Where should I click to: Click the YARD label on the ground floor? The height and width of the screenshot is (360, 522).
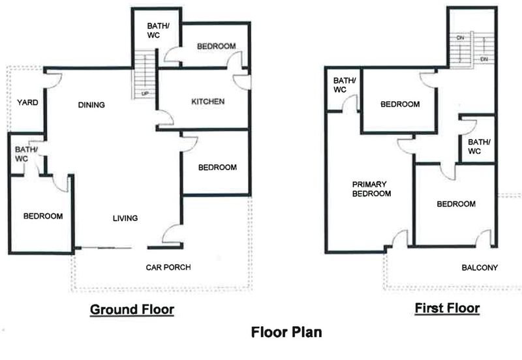27,102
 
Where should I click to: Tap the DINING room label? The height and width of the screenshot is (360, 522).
91,105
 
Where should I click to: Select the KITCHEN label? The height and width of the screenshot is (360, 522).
207,102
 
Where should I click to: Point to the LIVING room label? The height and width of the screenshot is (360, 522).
125,218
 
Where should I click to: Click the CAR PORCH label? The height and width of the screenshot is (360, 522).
168,267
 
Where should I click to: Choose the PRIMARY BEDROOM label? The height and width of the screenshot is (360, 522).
371,189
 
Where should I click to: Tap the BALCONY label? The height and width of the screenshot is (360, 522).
480,267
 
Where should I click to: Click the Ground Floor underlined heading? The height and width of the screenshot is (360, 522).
132,310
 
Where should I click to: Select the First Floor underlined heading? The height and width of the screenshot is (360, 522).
447,308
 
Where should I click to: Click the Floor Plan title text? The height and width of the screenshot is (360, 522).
286,332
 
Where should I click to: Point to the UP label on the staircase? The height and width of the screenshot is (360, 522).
145,94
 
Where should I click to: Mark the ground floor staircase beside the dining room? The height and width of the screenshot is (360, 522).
144,74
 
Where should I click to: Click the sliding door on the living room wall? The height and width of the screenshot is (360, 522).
106,248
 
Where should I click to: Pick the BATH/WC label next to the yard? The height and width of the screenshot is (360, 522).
25,154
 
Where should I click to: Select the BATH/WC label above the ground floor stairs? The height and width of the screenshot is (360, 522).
158,30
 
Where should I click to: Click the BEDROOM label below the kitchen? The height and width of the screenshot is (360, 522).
217,168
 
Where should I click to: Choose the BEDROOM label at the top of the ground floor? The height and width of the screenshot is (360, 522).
217,46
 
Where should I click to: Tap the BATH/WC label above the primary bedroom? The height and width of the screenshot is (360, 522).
345,85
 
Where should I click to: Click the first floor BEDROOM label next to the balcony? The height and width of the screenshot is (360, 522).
456,204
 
